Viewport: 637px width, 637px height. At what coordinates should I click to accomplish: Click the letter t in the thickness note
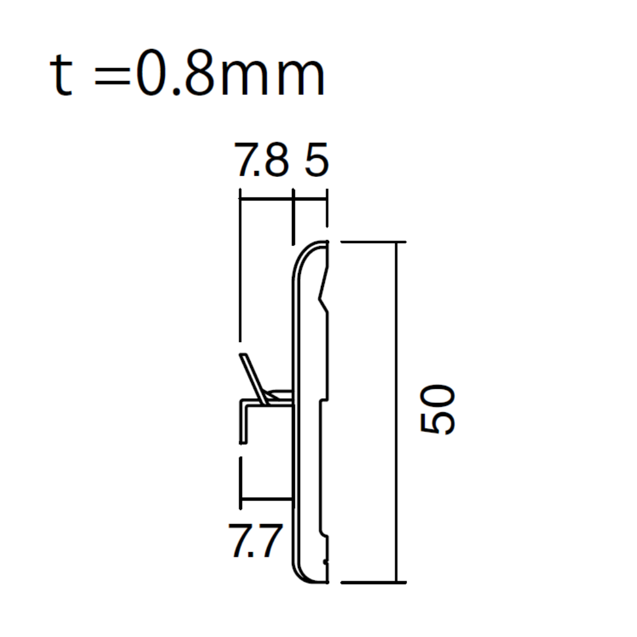pyautogui.click(x=61, y=75)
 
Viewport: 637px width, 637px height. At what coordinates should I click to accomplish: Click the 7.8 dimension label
pyautogui.click(x=262, y=160)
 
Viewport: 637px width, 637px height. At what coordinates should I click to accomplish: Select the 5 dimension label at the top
pyautogui.click(x=316, y=160)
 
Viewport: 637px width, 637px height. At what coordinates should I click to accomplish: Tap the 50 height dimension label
pyautogui.click(x=437, y=409)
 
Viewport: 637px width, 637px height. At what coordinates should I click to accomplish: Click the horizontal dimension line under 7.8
pyautogui.click(x=266, y=199)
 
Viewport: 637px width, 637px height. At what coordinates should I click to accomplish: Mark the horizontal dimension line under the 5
pyautogui.click(x=310, y=199)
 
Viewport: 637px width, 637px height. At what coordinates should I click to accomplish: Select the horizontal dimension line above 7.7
pyautogui.click(x=267, y=499)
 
